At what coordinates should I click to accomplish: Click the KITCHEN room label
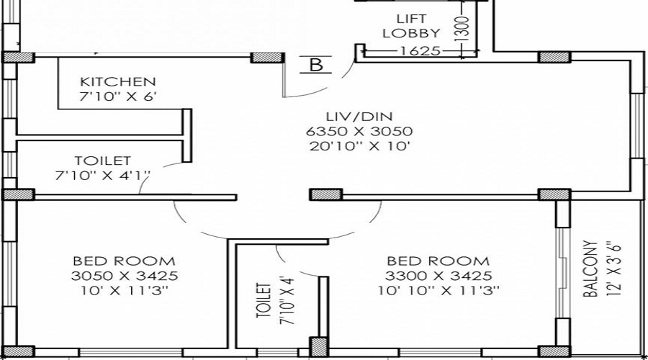117,81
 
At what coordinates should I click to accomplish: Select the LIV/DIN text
359,116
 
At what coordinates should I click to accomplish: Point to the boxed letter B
315,65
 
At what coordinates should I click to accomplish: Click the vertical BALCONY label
590,269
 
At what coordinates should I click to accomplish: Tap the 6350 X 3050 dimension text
359,132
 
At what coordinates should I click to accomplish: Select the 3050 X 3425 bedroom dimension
124,276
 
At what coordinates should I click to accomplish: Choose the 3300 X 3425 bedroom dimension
438,276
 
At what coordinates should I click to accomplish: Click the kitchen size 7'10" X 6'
117,96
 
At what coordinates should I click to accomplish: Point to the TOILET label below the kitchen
102,161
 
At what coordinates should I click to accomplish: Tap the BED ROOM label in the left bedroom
124,261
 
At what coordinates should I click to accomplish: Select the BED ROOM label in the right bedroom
438,261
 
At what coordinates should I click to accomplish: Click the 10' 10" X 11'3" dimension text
438,291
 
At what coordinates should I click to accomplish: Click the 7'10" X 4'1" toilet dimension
102,175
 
